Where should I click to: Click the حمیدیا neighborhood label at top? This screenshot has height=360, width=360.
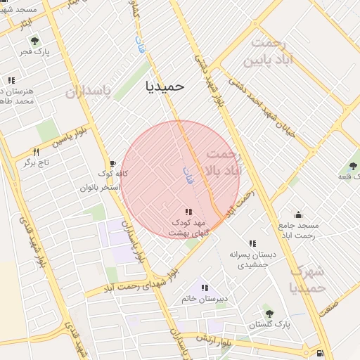coord(164,85)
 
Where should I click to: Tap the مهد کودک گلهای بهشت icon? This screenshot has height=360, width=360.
coord(188,212)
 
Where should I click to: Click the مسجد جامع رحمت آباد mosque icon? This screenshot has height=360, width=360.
coord(298,215)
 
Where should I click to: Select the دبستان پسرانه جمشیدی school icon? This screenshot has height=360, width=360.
coord(252,243)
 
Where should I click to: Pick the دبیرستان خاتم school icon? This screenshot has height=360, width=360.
coord(205,288)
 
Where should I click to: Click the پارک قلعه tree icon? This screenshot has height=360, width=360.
coord(353,167)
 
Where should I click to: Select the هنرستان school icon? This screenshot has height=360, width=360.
coord(11,81)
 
